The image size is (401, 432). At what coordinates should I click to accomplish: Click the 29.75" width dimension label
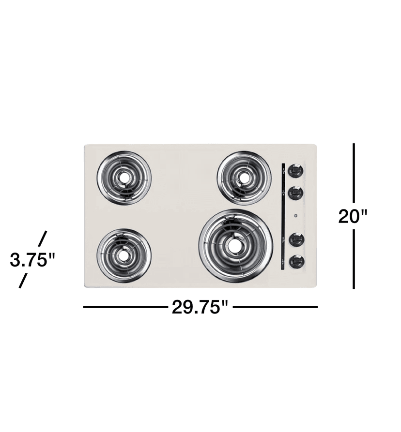[200, 307]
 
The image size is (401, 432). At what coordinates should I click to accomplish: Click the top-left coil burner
[123, 178]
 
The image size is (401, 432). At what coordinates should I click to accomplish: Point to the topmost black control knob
[295, 171]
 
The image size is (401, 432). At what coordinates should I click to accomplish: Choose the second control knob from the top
[295, 193]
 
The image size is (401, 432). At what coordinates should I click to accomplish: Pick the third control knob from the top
[295, 239]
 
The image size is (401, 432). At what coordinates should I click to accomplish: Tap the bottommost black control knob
[295, 262]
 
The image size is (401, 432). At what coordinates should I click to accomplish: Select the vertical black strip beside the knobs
[282, 216]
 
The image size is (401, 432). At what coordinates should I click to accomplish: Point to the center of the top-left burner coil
[123, 178]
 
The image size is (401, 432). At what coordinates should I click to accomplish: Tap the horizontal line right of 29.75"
[275, 307]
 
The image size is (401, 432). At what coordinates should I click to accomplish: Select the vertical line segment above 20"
[354, 172]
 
